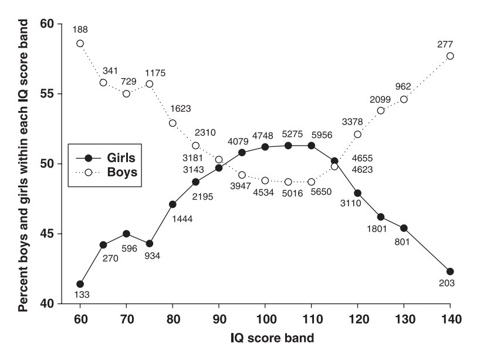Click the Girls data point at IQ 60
(80, 284)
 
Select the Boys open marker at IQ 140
(450, 56)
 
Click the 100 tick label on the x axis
(265, 321)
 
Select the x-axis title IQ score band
(265, 339)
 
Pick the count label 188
(80, 29)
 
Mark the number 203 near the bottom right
(449, 283)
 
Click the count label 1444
(181, 219)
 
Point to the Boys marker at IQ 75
(150, 84)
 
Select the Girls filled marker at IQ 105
(288, 145)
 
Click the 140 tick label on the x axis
(450, 321)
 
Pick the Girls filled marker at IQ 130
(404, 228)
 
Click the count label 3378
(351, 122)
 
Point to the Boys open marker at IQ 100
(265, 180)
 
